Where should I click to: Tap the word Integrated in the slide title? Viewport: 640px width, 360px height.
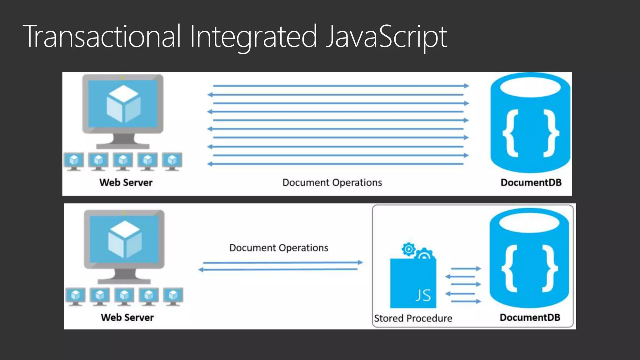point(253,37)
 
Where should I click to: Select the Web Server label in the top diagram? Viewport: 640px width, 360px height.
point(126,182)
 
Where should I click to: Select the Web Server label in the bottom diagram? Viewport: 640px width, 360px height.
point(127,317)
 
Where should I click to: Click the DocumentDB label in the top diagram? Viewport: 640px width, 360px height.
point(531,182)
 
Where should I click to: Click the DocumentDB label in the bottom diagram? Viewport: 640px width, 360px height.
point(530,317)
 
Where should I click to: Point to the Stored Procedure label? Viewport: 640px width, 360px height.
point(413,318)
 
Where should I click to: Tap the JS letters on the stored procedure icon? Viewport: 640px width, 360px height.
point(423,295)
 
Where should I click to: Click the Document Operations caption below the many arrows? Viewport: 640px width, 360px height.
point(332,182)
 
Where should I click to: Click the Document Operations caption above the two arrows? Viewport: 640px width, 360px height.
point(279,248)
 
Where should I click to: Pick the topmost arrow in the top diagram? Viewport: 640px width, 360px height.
point(341,86)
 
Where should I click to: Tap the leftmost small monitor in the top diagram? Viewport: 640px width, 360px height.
point(74,161)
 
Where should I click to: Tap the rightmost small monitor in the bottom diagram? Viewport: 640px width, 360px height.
point(173,296)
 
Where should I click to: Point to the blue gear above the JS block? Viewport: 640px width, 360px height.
point(408,249)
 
